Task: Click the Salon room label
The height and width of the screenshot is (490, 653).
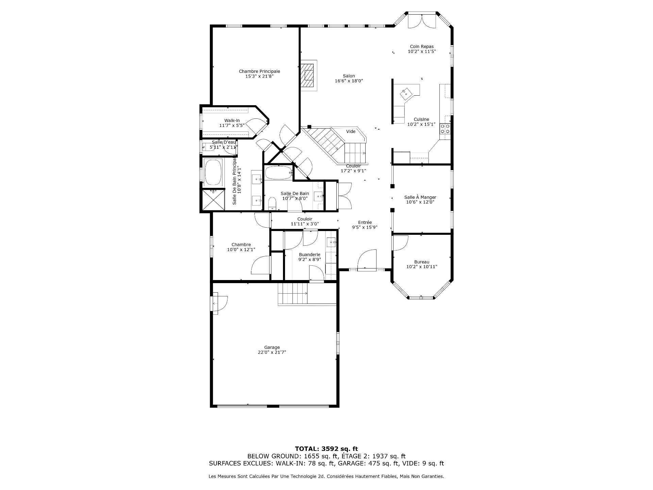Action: pyautogui.click(x=349, y=76)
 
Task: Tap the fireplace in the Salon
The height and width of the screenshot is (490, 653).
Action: pyautogui.click(x=308, y=75)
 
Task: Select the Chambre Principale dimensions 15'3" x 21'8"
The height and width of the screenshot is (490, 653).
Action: pyautogui.click(x=259, y=76)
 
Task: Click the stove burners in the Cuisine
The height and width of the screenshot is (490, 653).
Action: pyautogui.click(x=445, y=129)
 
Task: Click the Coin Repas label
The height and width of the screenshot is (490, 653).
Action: pyautogui.click(x=422, y=47)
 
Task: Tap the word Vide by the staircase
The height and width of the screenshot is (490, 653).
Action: pyautogui.click(x=351, y=132)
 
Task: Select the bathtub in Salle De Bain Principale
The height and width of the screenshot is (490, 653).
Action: pyautogui.click(x=213, y=173)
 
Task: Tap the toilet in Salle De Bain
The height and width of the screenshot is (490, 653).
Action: pyautogui.click(x=272, y=203)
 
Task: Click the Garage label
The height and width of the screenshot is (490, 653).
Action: pyautogui.click(x=272, y=347)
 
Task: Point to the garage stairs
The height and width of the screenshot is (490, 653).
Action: pyautogui.click(x=292, y=293)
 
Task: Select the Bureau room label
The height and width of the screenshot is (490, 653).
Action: pyautogui.click(x=422, y=262)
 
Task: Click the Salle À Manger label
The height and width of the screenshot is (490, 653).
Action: pyautogui.click(x=420, y=197)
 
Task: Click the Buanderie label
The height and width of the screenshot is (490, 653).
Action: pyautogui.click(x=309, y=255)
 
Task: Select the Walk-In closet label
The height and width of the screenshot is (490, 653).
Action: pyautogui.click(x=232, y=120)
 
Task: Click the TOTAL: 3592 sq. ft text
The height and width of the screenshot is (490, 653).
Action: pyautogui.click(x=326, y=449)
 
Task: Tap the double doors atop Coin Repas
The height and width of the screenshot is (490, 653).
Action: pyautogui.click(x=421, y=21)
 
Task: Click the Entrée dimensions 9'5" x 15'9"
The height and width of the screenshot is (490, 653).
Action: pyautogui.click(x=365, y=227)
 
